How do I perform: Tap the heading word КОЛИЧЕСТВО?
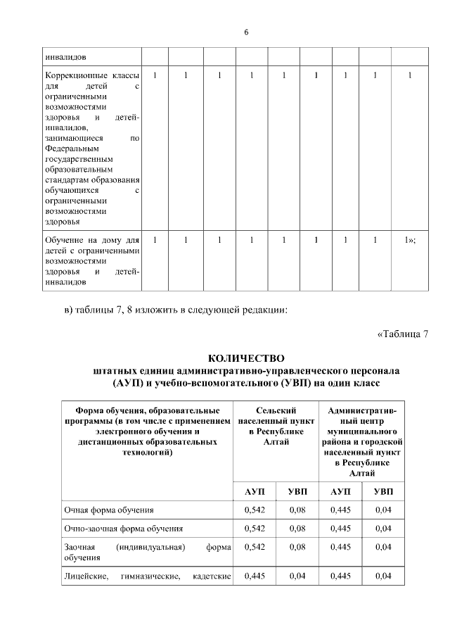click(245, 358)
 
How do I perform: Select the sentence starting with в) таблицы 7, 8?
click(176, 310)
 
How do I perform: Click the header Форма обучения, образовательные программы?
click(148, 431)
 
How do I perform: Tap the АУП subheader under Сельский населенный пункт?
click(253, 490)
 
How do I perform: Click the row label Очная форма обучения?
click(108, 508)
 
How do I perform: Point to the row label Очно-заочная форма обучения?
click(124, 527)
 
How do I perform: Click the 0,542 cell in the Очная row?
click(254, 508)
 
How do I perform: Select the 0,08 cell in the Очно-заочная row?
click(297, 527)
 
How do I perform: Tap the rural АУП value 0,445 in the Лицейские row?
click(254, 577)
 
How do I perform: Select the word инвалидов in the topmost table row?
click(65, 57)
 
